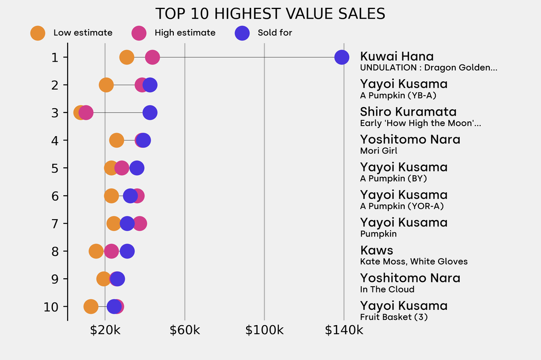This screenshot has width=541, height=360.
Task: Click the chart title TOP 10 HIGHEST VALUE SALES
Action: coord(270,14)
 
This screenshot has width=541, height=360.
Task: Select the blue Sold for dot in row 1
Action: coord(342,57)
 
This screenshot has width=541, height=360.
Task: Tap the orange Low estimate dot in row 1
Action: coord(127,57)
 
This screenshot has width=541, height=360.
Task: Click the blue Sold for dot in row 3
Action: coord(150,112)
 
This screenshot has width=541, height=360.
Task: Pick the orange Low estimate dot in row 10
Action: coord(91,307)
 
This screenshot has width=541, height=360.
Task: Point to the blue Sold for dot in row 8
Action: coord(127,251)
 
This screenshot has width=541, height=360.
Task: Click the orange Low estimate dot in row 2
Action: coord(106,85)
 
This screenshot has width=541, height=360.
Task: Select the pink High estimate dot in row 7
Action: coord(139,223)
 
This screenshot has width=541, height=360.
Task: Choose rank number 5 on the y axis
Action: coord(55,168)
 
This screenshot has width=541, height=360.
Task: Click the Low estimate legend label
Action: coord(83,33)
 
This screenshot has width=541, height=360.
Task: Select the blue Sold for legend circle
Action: coord(242,33)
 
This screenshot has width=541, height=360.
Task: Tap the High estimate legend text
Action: coord(185,33)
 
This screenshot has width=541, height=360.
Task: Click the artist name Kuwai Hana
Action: coord(397,56)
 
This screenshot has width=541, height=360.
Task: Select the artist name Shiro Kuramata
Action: coord(408,112)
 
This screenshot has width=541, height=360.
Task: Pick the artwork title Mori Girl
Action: coord(379,151)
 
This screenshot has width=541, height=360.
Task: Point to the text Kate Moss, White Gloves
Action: coord(414,261)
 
